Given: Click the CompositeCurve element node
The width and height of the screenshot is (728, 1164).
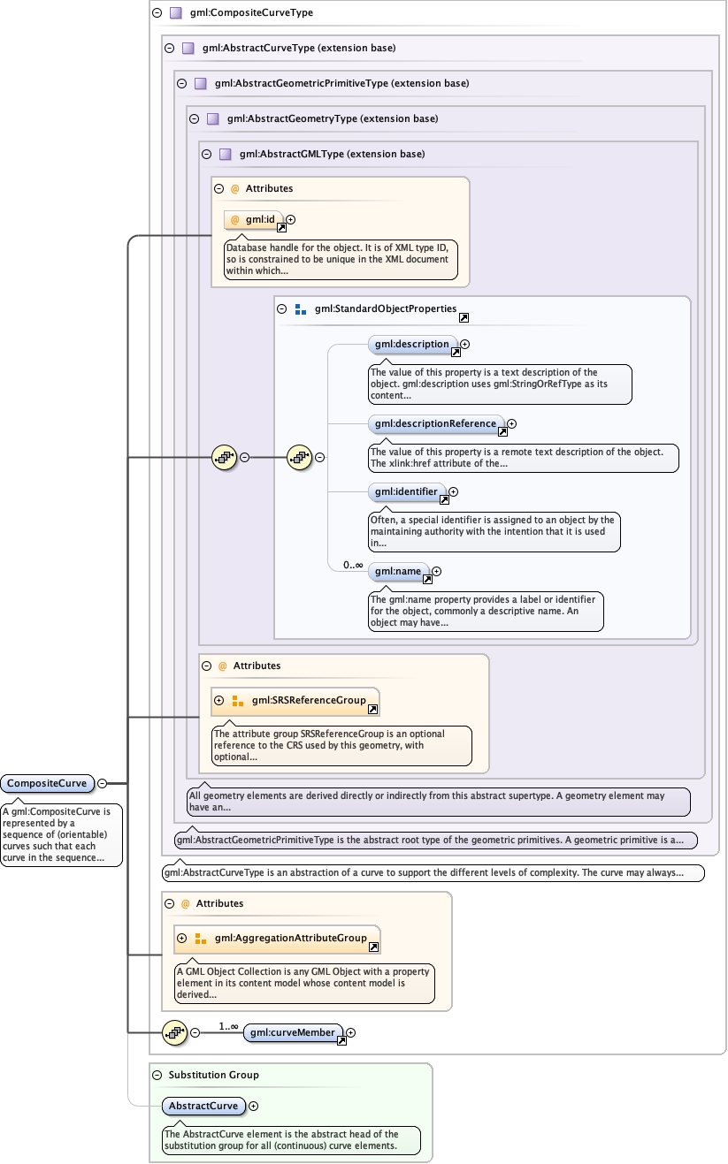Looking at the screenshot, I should pos(47,783).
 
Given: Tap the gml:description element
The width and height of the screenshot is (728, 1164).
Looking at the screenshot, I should pos(412,345).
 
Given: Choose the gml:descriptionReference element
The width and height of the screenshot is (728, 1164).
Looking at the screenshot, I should pos(435,424).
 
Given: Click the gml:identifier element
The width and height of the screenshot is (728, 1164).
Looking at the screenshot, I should pos(406,491).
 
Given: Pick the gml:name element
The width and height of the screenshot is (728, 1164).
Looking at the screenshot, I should pos(397,572).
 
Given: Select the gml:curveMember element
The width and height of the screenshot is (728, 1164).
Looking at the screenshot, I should pos(292,1032).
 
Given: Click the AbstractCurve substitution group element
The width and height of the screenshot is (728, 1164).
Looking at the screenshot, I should pos(203,1106).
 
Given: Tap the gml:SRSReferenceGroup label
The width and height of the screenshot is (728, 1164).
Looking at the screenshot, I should pos(309,701).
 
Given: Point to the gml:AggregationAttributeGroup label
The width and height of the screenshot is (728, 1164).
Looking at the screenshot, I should pos(290,938).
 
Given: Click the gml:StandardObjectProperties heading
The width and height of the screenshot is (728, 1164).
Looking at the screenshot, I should pos(385,309).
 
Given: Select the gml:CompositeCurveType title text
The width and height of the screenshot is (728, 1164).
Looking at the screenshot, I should pos(251,13).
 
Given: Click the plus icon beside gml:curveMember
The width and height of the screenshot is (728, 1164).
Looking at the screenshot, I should pos(351,1032).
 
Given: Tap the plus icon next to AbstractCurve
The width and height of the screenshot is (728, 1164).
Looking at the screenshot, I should pos(254,1106).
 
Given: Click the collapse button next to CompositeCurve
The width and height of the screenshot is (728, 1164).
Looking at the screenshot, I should pos(103,783).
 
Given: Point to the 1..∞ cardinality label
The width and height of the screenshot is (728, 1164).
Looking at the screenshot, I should pos(229,1026).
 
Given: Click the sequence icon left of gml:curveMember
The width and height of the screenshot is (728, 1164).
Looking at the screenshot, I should pos(174,1032).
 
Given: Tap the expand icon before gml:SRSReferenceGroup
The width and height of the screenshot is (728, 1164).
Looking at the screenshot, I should pos(219,701).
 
